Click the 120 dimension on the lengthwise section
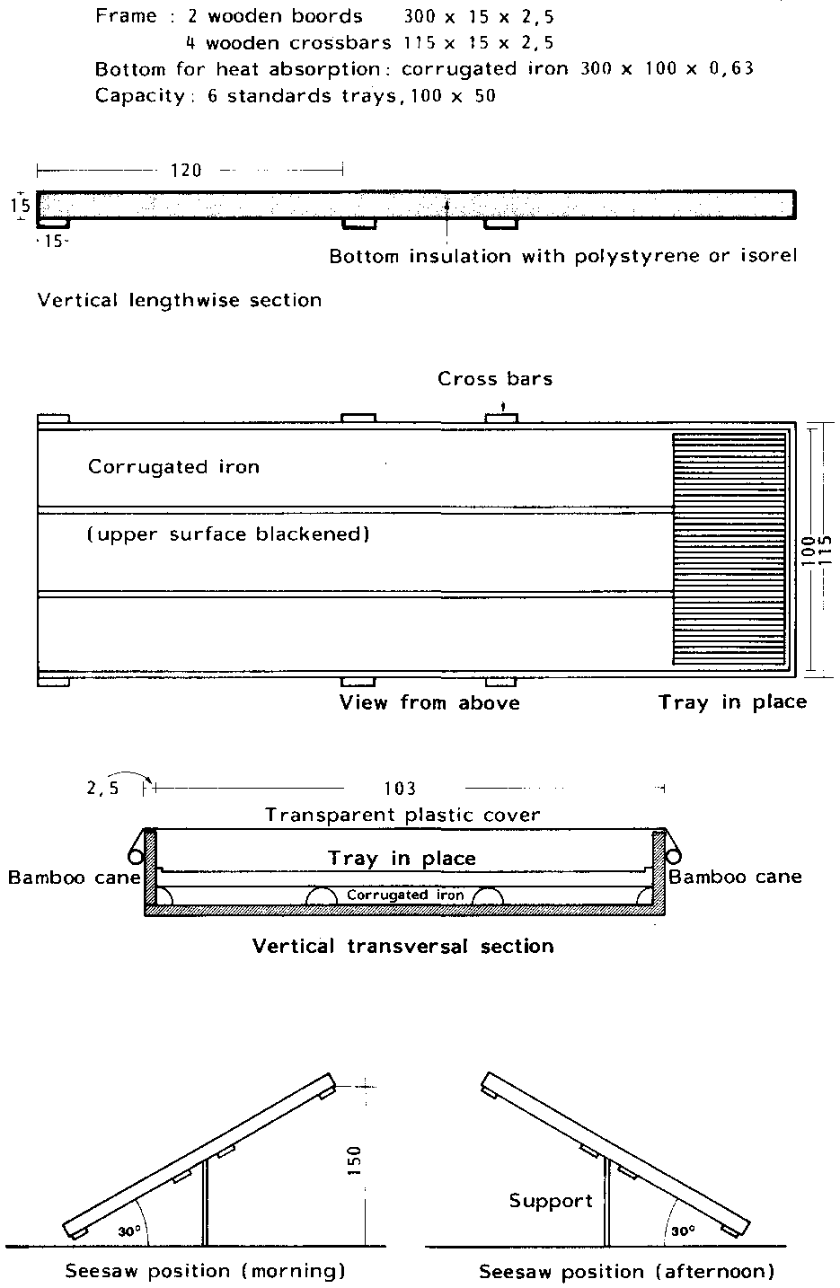tap(186, 170)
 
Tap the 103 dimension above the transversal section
tap(399, 789)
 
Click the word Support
tap(551, 1201)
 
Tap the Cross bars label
tap(495, 379)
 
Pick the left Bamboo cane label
tap(74, 877)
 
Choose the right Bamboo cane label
tap(735, 877)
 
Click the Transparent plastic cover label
tap(402, 815)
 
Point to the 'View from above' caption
tap(429, 702)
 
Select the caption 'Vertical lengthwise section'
tap(180, 300)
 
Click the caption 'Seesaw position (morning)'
tap(205, 1271)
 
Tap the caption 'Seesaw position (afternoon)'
tap(626, 1271)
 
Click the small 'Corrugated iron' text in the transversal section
tap(405, 895)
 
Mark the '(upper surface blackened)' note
tap(228, 534)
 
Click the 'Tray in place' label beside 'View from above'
tap(732, 702)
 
